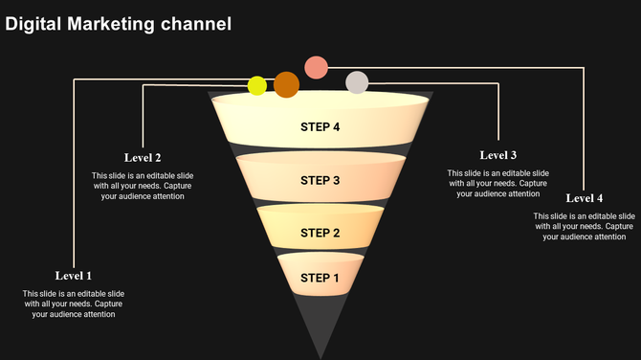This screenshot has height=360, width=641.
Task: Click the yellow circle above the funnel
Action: click(x=257, y=86)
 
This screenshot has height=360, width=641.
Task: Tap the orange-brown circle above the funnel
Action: click(x=286, y=84)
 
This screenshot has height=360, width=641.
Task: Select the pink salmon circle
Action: click(x=317, y=67)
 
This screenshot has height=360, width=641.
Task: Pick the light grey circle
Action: click(x=357, y=82)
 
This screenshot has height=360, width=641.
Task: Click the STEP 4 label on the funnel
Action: click(x=320, y=127)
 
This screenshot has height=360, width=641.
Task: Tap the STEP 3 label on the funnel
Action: click(x=320, y=180)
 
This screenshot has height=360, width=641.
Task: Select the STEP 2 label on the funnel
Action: click(x=320, y=233)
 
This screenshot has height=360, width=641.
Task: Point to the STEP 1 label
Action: click(x=320, y=279)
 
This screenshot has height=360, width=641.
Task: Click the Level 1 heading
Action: click(x=74, y=276)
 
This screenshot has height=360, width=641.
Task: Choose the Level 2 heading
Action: click(x=143, y=157)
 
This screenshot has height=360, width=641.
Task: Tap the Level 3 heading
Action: click(x=498, y=155)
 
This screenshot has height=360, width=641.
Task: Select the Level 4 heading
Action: click(x=585, y=198)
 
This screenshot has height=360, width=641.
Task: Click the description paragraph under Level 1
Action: click(x=74, y=304)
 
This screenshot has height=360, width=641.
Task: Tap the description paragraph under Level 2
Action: click(x=143, y=186)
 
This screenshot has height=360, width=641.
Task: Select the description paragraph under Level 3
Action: click(x=498, y=183)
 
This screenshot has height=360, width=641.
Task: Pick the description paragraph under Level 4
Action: click(x=585, y=226)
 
